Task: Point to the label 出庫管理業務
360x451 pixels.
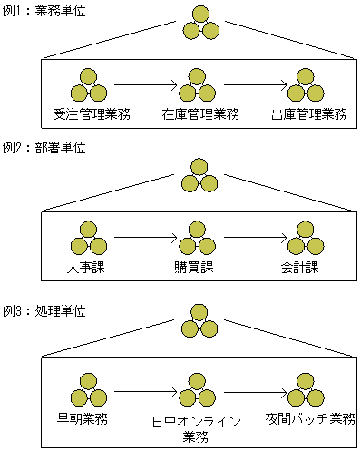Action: pos(308,113)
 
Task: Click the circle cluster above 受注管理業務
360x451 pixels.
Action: pos(88,85)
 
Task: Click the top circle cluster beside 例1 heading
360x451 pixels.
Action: pos(200,23)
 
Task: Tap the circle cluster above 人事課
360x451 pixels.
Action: pos(88,238)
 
